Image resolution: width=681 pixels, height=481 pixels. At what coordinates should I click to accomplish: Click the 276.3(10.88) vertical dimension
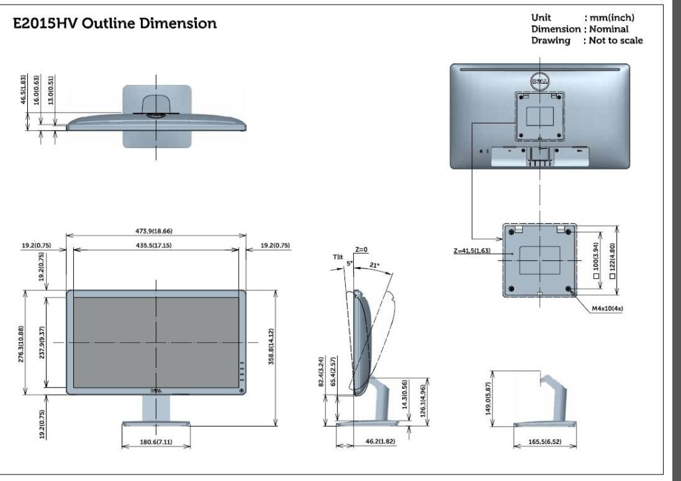point(21,343)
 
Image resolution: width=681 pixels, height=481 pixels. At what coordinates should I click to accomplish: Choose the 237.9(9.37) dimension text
point(42,343)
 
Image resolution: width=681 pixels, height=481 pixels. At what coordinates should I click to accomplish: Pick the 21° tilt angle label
point(374,266)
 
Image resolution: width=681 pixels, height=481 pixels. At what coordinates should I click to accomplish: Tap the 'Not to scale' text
point(613,41)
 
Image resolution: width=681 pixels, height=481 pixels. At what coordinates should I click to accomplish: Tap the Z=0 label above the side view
point(361,250)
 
